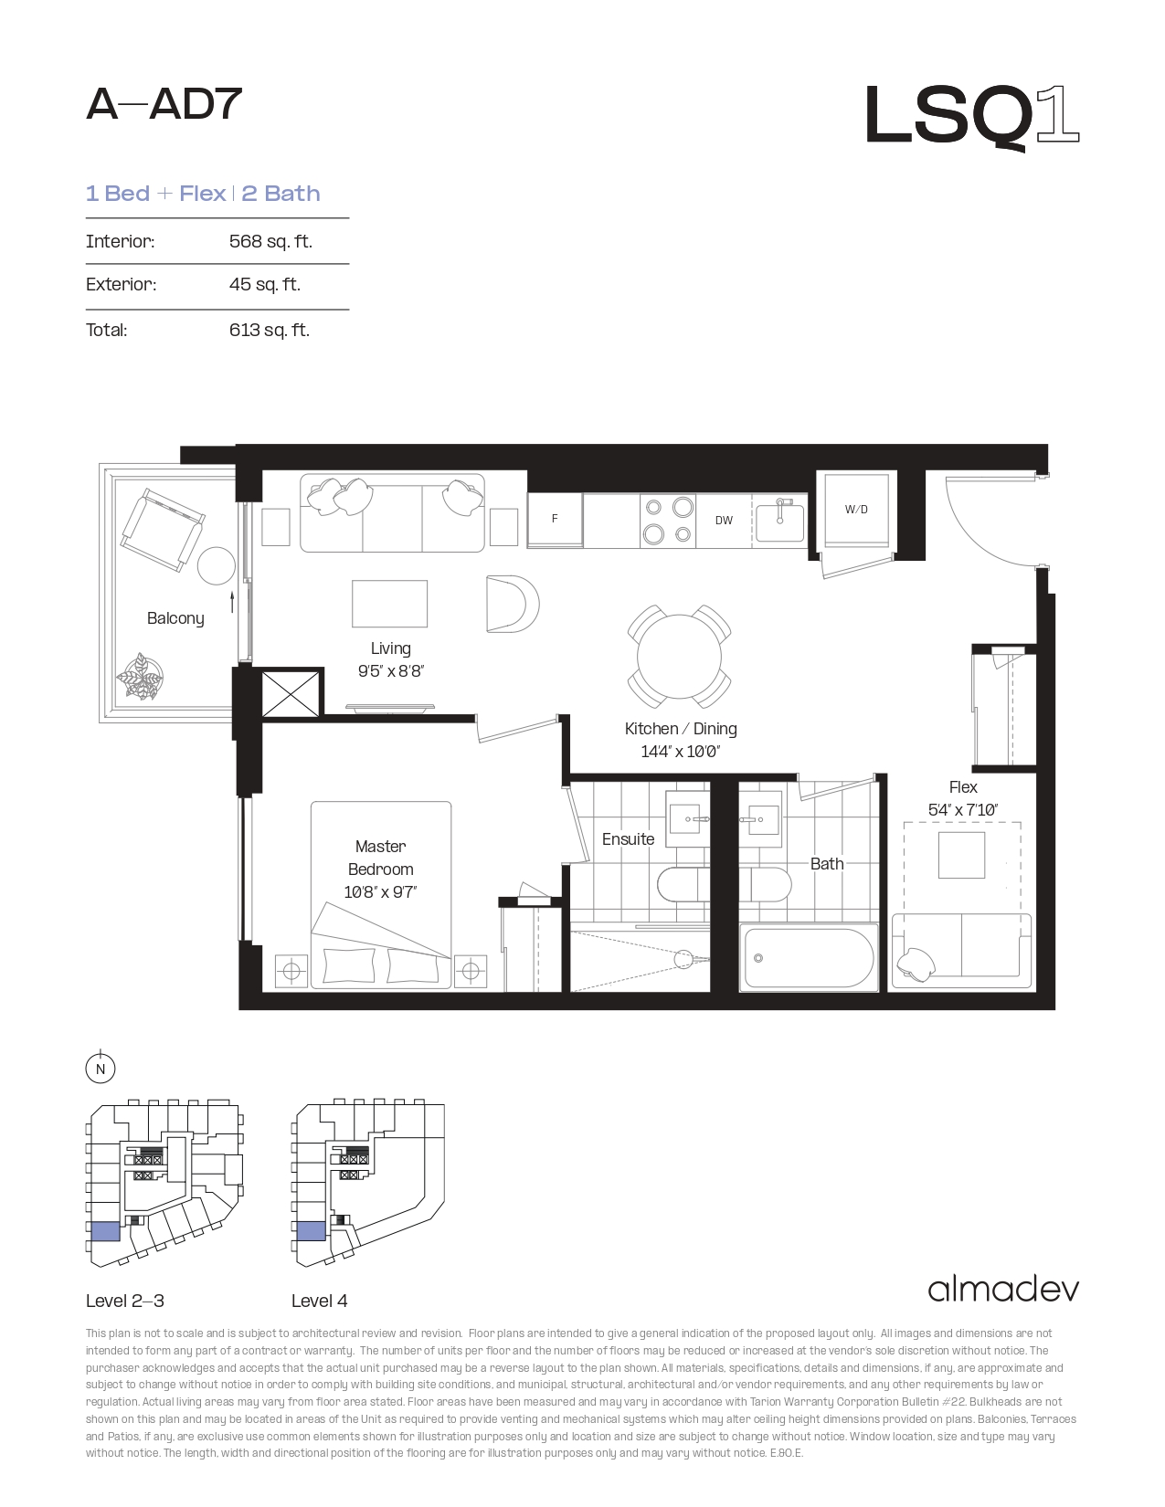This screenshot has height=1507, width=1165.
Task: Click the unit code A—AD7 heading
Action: (164, 104)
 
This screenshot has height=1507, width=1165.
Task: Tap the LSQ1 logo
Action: (972, 116)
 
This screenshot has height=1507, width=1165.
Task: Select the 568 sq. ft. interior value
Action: (270, 241)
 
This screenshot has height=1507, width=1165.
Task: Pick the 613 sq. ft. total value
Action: (270, 330)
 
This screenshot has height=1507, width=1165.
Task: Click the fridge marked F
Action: (555, 520)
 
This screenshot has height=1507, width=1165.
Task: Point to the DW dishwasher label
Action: (724, 520)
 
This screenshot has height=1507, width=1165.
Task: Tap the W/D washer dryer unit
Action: (856, 510)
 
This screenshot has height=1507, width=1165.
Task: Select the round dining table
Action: (679, 656)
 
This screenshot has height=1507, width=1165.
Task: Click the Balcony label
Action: (175, 618)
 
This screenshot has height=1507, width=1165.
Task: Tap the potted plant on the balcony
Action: (140, 676)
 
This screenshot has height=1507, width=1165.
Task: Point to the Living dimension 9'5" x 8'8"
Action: (391, 671)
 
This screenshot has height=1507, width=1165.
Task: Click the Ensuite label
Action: (628, 839)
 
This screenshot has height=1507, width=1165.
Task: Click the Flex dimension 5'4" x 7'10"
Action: (963, 809)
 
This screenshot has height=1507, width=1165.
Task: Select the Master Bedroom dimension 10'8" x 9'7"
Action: (380, 892)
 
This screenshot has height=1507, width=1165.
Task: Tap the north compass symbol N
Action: (101, 1069)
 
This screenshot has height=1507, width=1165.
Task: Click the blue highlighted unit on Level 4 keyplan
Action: (312, 1232)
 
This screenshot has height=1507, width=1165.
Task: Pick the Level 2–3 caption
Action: (125, 1301)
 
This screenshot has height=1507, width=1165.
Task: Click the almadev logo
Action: (1003, 1290)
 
